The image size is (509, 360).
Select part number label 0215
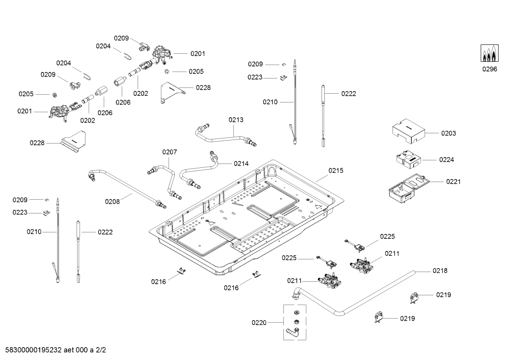(336, 171)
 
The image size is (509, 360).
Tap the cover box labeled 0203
(408, 131)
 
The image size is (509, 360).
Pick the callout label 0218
(440, 271)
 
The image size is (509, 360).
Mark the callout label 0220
(259, 323)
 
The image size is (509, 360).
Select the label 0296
(490, 69)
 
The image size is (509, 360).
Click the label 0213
(236, 120)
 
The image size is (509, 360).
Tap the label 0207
(169, 152)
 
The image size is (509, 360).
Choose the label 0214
(241, 164)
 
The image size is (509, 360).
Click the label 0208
(112, 202)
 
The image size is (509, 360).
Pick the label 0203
(448, 133)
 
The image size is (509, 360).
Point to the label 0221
(453, 182)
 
